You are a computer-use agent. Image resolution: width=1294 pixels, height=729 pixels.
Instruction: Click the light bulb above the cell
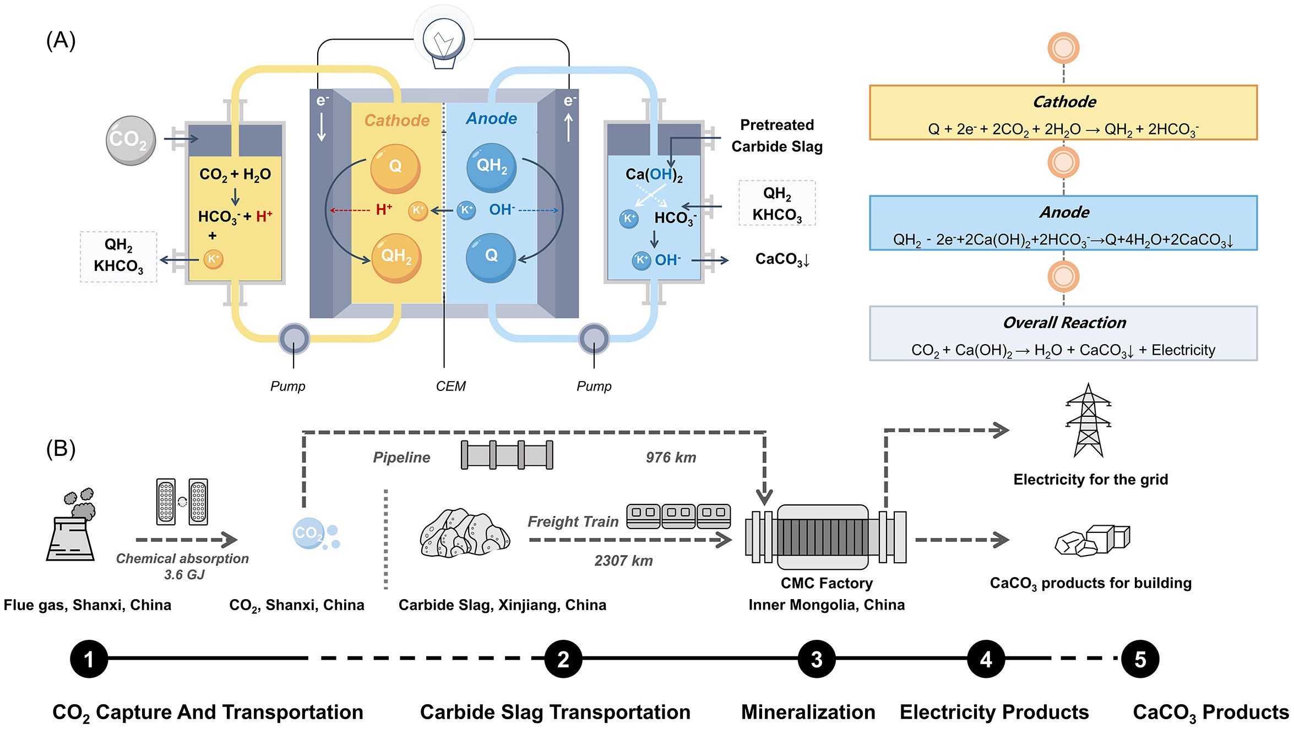click(x=444, y=40)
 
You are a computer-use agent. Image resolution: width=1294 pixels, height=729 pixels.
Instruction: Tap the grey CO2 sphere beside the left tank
click(x=131, y=140)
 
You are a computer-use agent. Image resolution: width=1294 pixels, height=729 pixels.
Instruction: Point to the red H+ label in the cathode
click(x=384, y=209)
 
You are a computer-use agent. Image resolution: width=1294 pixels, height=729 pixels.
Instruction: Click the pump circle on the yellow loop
click(x=294, y=339)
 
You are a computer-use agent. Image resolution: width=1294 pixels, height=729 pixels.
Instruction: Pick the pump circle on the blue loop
click(x=594, y=339)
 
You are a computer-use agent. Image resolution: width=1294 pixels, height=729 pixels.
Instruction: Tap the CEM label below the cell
click(x=450, y=387)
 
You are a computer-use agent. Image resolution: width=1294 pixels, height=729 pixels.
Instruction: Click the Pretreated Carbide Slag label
click(x=777, y=135)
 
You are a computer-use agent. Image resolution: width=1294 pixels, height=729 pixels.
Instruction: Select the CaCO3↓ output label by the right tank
click(x=782, y=259)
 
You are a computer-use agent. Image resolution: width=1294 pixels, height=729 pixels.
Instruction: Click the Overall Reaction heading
click(x=1064, y=323)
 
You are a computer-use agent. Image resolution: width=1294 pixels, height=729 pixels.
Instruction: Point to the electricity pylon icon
click(x=1088, y=420)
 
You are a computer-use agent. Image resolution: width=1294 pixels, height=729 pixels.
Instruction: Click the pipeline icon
click(x=507, y=455)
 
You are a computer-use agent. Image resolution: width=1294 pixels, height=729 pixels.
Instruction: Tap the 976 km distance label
click(x=671, y=458)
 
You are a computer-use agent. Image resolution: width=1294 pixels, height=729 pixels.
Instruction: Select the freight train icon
click(x=678, y=516)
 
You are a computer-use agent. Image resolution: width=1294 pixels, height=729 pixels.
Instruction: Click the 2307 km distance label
click(x=623, y=561)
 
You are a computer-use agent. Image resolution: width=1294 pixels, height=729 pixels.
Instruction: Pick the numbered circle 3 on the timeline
click(x=817, y=659)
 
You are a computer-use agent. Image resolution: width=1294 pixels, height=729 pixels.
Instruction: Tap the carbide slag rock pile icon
click(x=465, y=532)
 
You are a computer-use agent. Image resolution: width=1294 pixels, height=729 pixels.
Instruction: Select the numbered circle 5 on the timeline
click(x=1140, y=659)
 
